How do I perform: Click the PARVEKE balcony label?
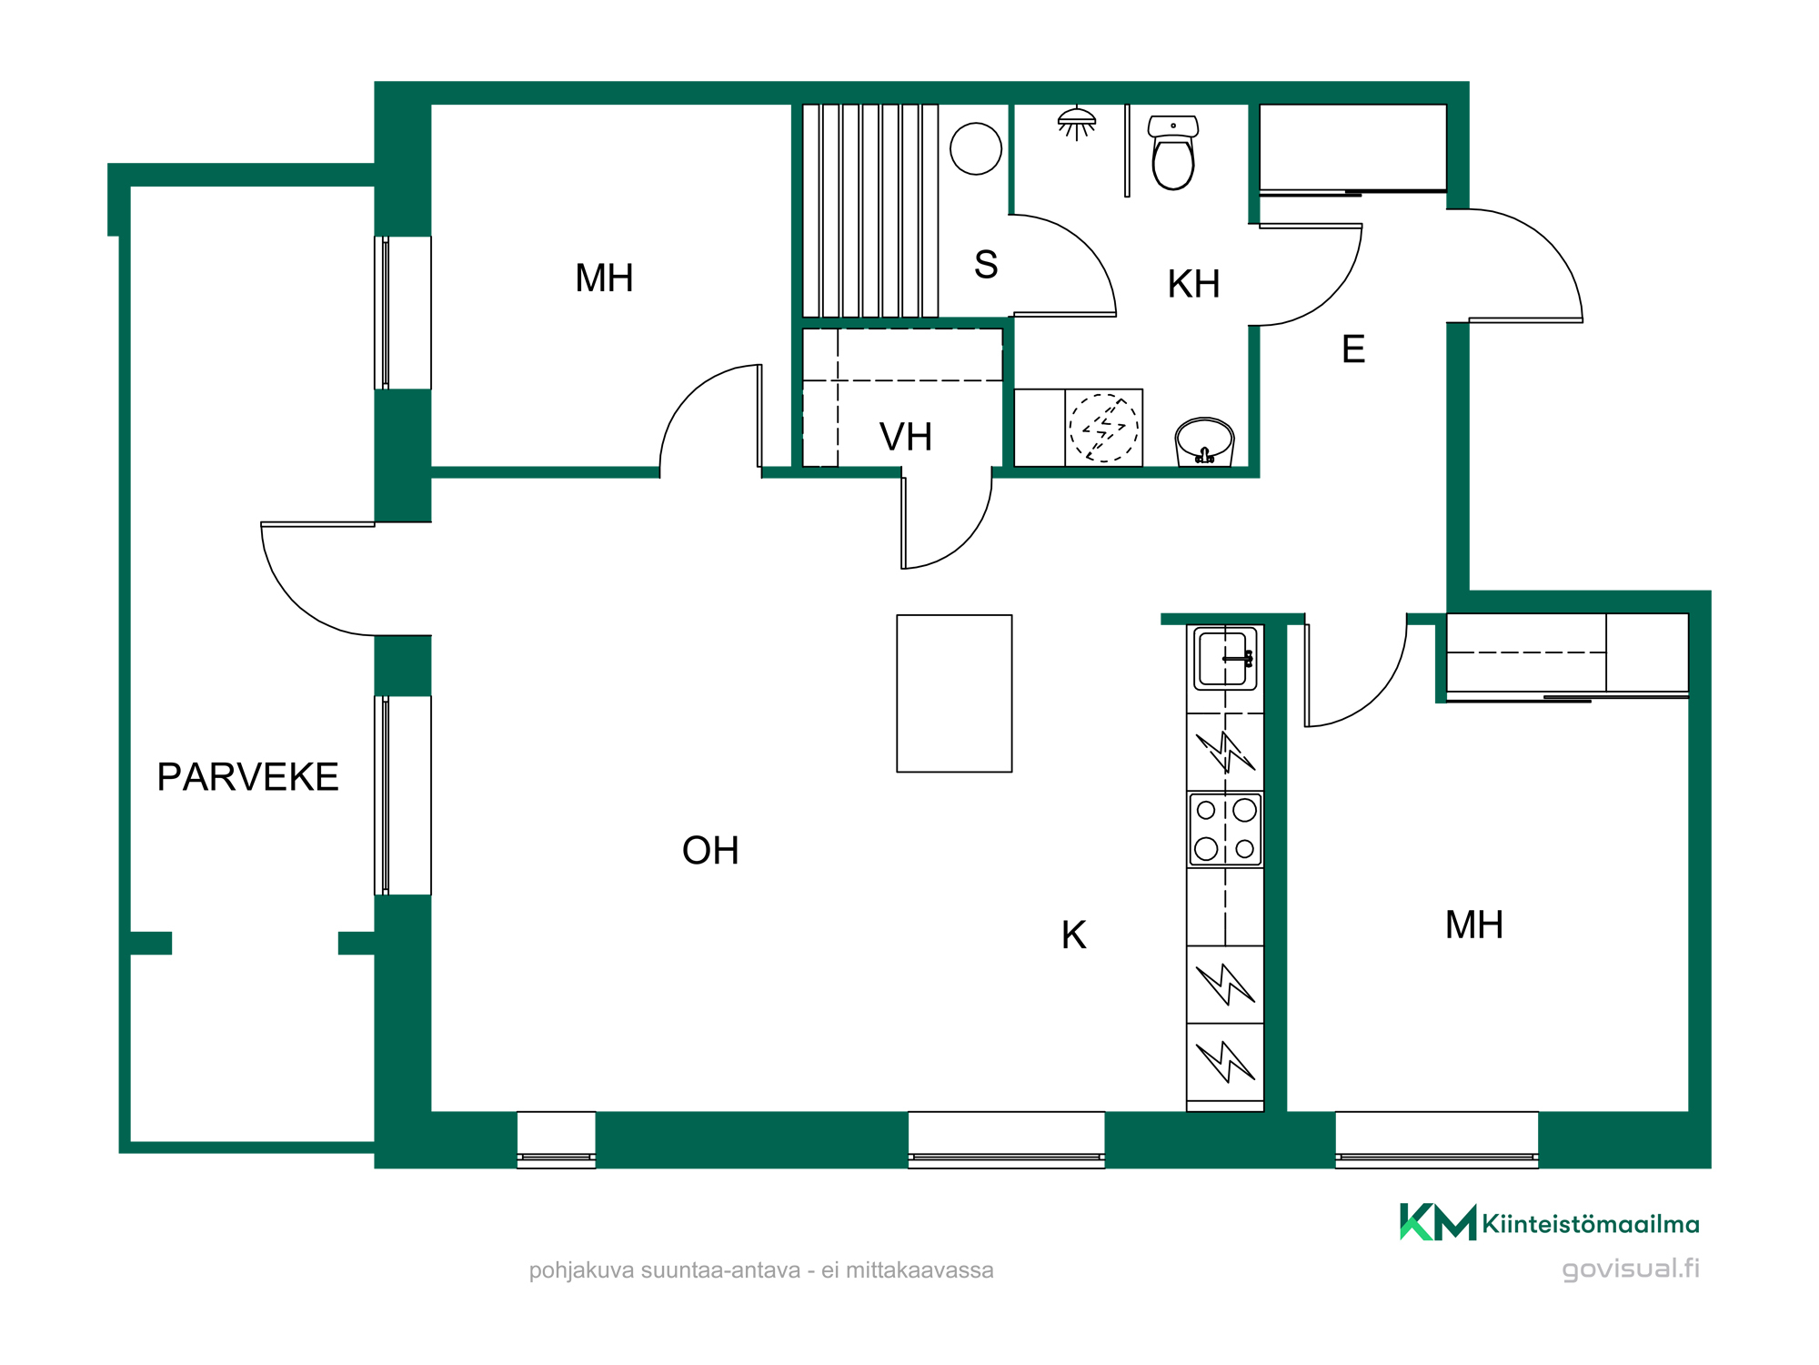tap(247, 777)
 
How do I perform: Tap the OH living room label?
tap(710, 851)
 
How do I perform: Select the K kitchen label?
tap(1073, 935)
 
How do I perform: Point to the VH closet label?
tap(906, 438)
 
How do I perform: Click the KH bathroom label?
tap(1193, 284)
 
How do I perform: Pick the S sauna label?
tap(986, 265)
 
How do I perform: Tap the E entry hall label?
tap(1353, 349)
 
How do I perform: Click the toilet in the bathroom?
tap(1173, 152)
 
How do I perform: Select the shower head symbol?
tap(1077, 124)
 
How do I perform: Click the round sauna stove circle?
tap(976, 148)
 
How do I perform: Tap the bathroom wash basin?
tap(1204, 441)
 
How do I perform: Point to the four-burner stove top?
tap(1225, 829)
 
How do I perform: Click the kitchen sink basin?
tap(1225, 658)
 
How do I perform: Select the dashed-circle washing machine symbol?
tap(1103, 428)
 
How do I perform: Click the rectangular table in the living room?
tap(954, 693)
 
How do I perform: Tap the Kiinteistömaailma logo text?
tap(1591, 1224)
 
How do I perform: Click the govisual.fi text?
tap(1631, 1269)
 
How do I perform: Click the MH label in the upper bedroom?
tap(604, 278)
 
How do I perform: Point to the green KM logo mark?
tap(1438, 1222)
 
